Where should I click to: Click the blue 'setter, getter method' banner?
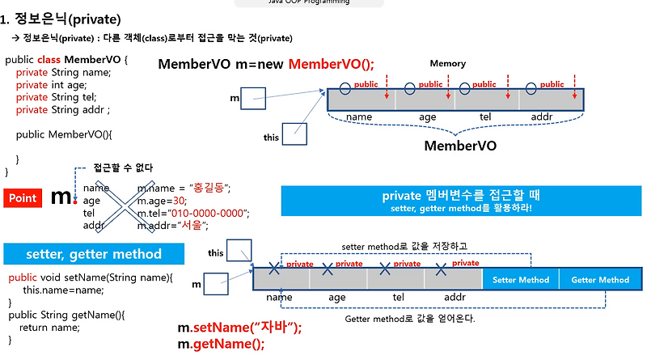pos(93,254)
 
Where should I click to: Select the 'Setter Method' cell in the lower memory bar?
pos(520,280)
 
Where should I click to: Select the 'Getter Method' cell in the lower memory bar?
pos(599,280)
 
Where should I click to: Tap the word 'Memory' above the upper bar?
pos(447,63)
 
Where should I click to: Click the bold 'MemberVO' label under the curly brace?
pos(460,146)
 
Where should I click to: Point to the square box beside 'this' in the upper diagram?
pos(294,133)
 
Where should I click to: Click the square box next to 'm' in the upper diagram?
pos(253,100)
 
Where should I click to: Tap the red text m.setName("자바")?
pos(239,328)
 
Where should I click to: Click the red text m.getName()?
pos(221,345)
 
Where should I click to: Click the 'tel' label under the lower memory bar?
pos(398,297)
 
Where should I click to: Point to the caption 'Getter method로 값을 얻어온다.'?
pos(409,318)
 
